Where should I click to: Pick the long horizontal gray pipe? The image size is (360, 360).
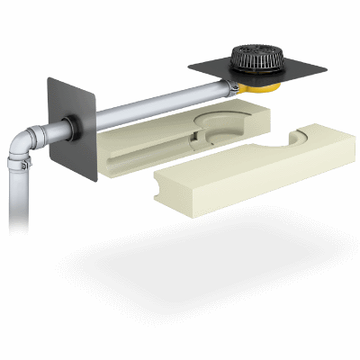[153, 105]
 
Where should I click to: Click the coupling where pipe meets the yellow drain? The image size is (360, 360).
[235, 87]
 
